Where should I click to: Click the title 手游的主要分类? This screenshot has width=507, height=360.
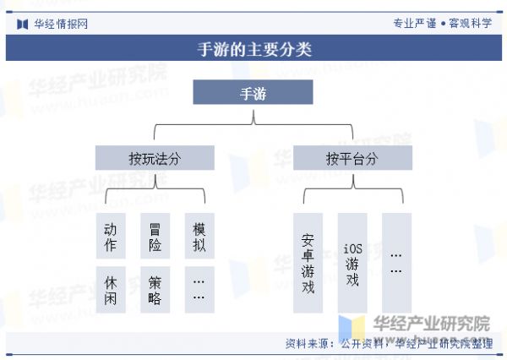(254, 49)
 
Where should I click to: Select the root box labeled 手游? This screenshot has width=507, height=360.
(253, 92)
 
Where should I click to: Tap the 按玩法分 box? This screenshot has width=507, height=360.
(155, 158)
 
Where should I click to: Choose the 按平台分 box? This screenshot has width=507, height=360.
(352, 158)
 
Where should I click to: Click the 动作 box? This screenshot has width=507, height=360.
(111, 237)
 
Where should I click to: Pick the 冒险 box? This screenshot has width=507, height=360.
(155, 237)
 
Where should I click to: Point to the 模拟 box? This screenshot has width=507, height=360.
(199, 237)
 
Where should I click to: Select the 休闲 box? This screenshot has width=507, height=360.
(111, 290)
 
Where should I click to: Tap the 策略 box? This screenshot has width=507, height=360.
(155, 290)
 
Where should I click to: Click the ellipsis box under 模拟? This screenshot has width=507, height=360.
(199, 290)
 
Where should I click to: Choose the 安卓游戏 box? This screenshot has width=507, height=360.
(308, 263)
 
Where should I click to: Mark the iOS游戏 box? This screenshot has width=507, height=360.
(352, 263)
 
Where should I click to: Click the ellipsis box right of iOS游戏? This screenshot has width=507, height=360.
(396, 263)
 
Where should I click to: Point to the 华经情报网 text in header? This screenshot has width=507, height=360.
(60, 24)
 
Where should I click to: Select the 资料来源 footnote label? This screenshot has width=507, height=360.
(309, 344)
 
